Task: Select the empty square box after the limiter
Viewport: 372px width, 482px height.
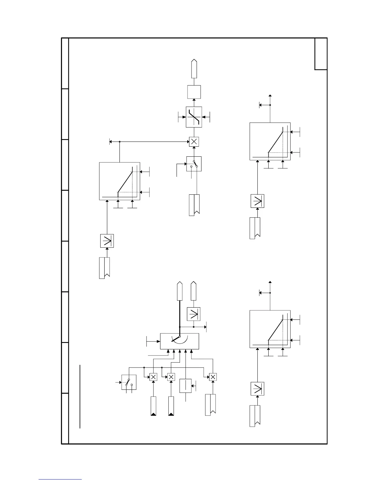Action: point(194,92)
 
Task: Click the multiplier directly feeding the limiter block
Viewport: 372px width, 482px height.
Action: point(194,141)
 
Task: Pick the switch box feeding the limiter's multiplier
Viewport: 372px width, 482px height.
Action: point(194,164)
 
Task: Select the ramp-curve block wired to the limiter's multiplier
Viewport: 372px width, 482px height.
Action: point(120,181)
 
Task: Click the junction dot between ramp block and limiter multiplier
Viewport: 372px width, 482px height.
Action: point(120,141)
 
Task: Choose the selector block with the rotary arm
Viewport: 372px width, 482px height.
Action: point(180,341)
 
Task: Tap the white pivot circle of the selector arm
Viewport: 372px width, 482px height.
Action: point(180,337)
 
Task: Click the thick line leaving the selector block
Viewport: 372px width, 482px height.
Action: point(180,316)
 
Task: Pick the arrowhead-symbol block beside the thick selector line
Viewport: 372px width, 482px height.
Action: point(194,314)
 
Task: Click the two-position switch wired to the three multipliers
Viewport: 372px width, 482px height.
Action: point(129,382)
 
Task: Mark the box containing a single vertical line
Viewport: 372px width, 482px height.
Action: point(185,386)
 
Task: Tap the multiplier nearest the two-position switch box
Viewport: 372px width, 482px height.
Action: point(153,377)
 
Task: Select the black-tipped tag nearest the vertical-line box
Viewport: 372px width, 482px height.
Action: point(171,406)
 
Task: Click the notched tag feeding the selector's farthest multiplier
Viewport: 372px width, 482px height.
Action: point(210,405)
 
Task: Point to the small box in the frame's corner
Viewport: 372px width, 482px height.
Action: point(321,54)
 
